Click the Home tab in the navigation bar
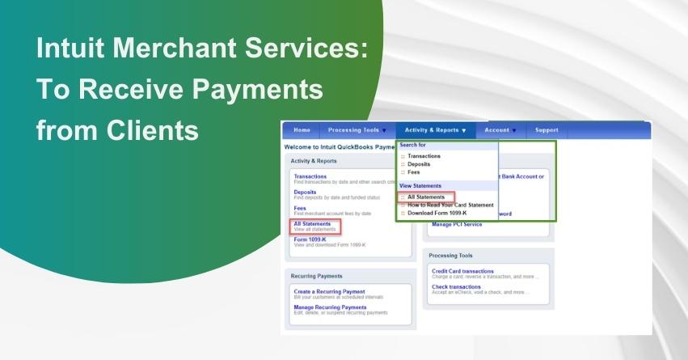click(x=302, y=130)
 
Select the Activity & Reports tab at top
click(x=435, y=130)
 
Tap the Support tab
click(x=547, y=130)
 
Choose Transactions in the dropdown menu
click(x=424, y=156)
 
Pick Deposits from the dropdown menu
click(x=419, y=164)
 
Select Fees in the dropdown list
click(x=413, y=172)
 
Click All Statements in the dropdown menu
click(x=426, y=197)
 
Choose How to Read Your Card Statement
click(x=450, y=205)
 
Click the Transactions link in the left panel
click(x=310, y=176)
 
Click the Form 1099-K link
click(x=310, y=239)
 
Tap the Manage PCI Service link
click(x=457, y=224)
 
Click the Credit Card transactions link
click(x=462, y=271)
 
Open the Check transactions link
click(x=456, y=286)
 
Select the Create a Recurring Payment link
click(x=329, y=291)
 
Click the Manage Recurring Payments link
click(x=330, y=307)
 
